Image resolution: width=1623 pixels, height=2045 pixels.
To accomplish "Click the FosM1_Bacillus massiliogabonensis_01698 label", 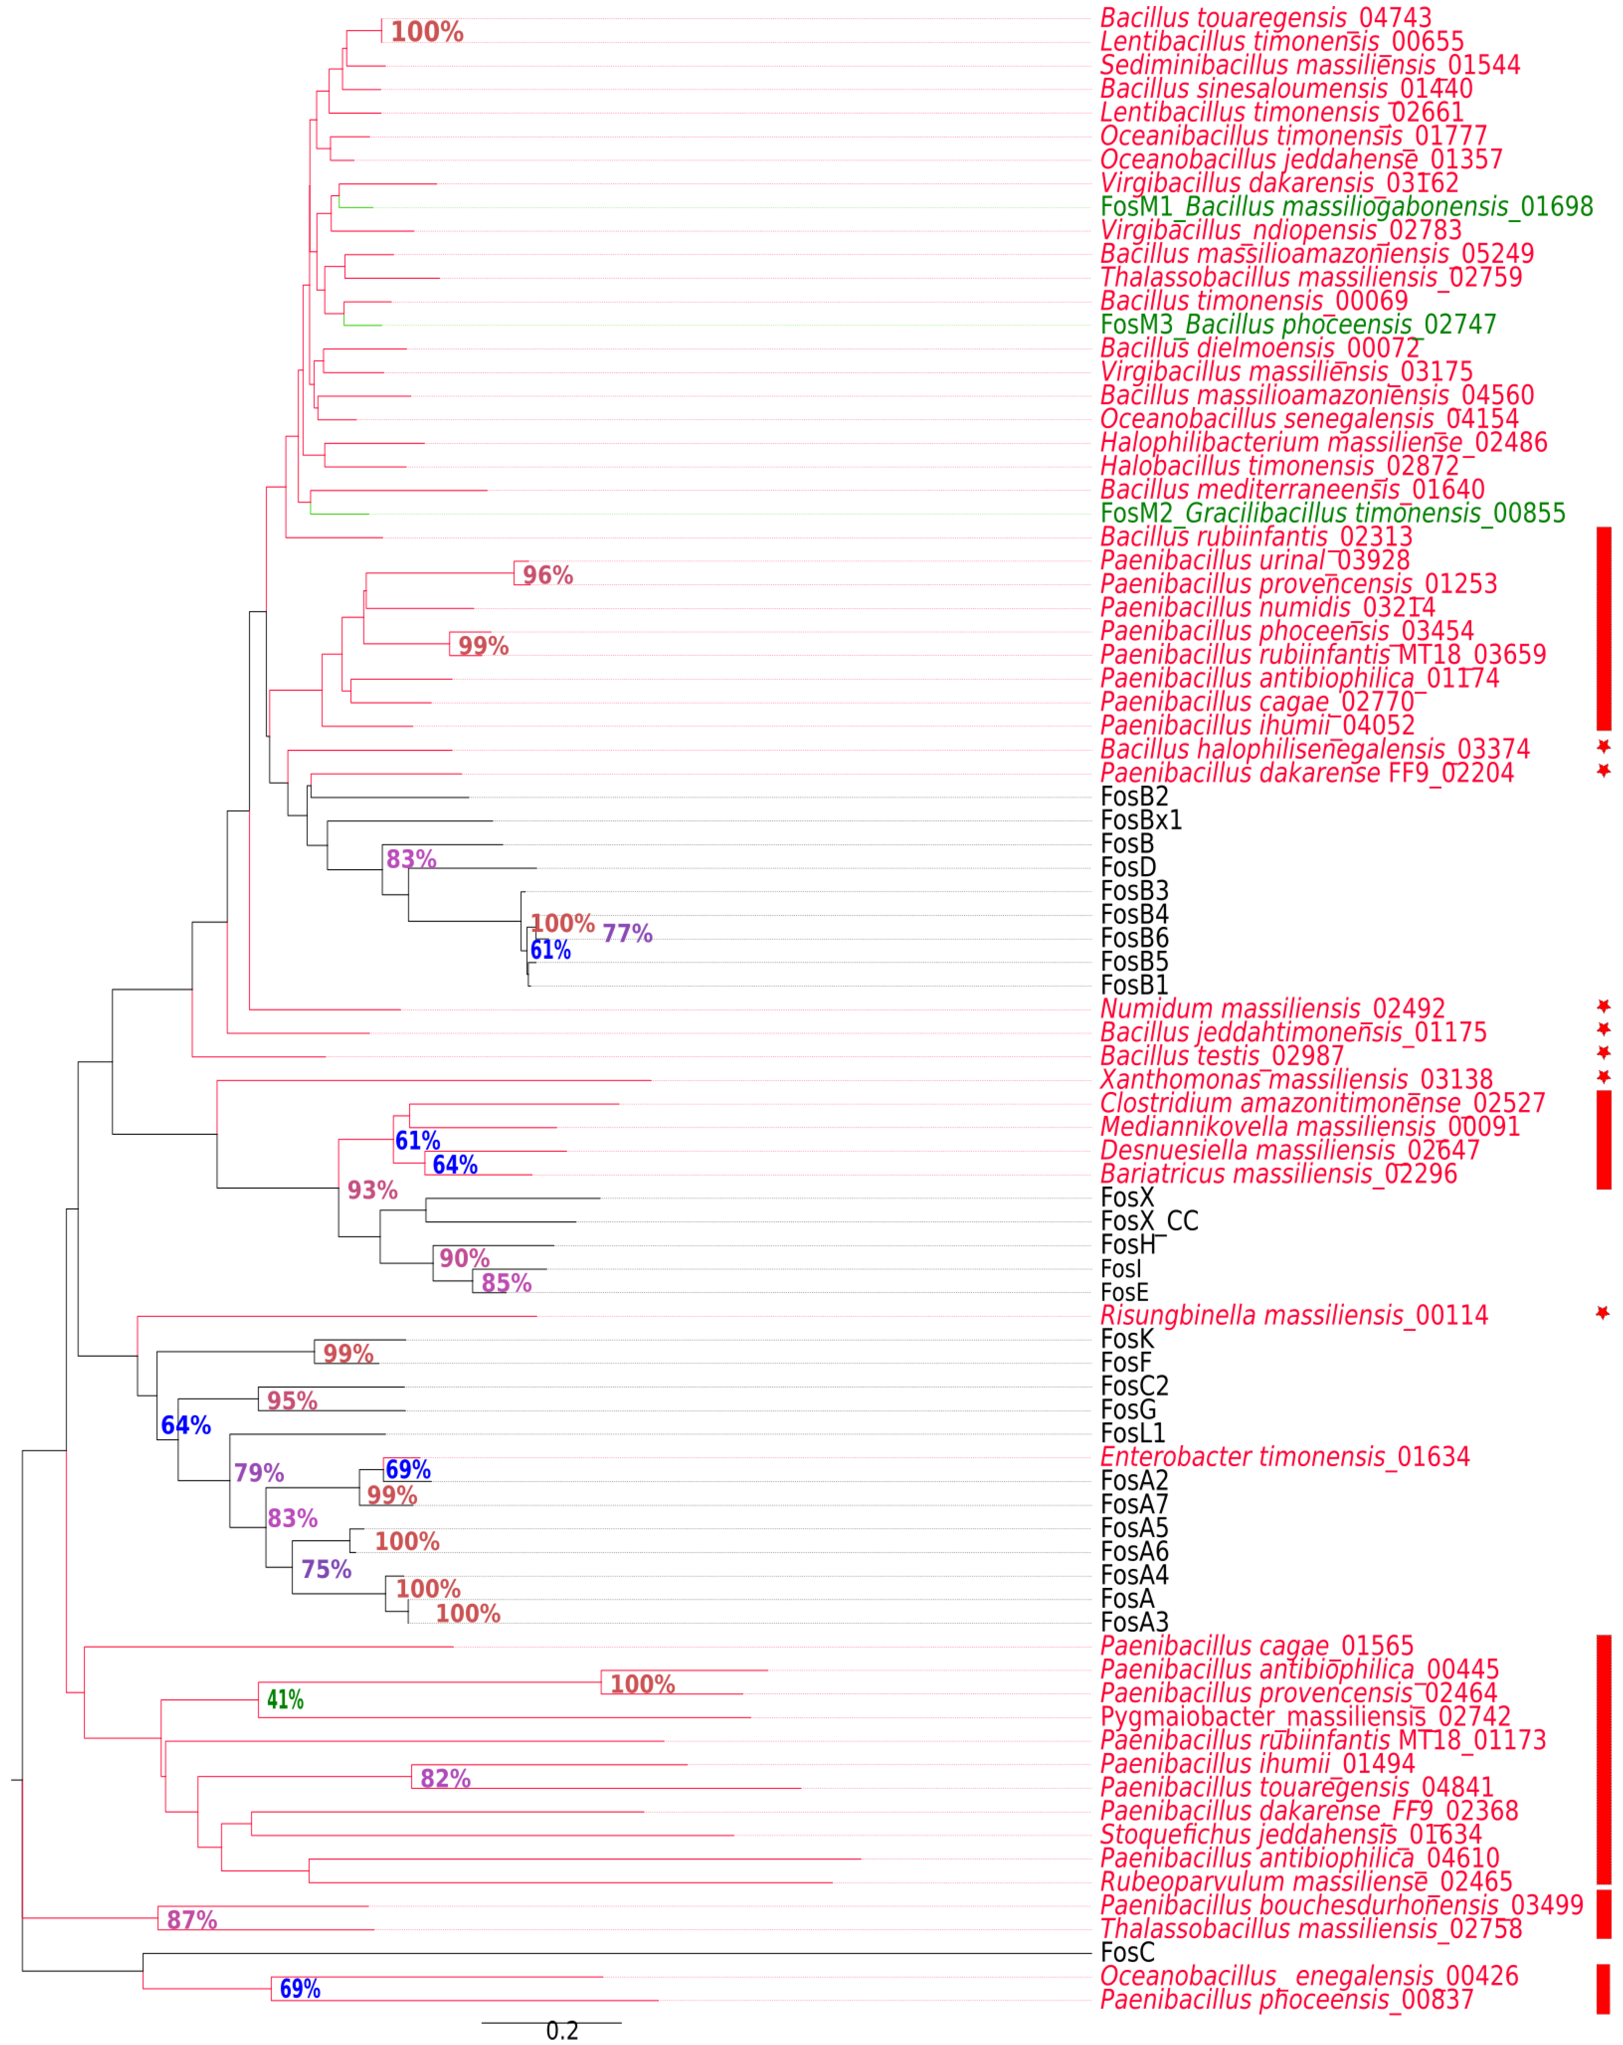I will [1346, 207].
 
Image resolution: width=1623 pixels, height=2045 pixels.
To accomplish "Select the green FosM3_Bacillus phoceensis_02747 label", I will [1298, 324].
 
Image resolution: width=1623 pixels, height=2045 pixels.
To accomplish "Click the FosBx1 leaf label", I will [1141, 821].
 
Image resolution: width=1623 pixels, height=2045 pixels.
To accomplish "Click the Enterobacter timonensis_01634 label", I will [1285, 1457].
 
